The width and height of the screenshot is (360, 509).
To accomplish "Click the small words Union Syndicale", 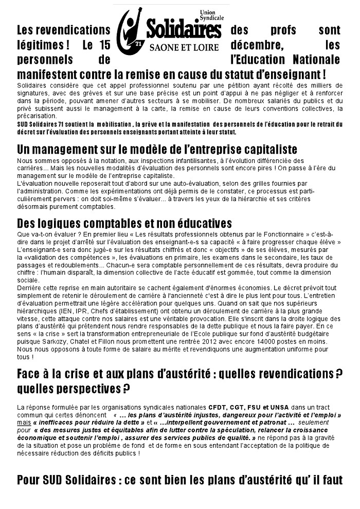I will point(212,15).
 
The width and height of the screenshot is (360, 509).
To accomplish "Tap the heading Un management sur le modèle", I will point(157,150).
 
